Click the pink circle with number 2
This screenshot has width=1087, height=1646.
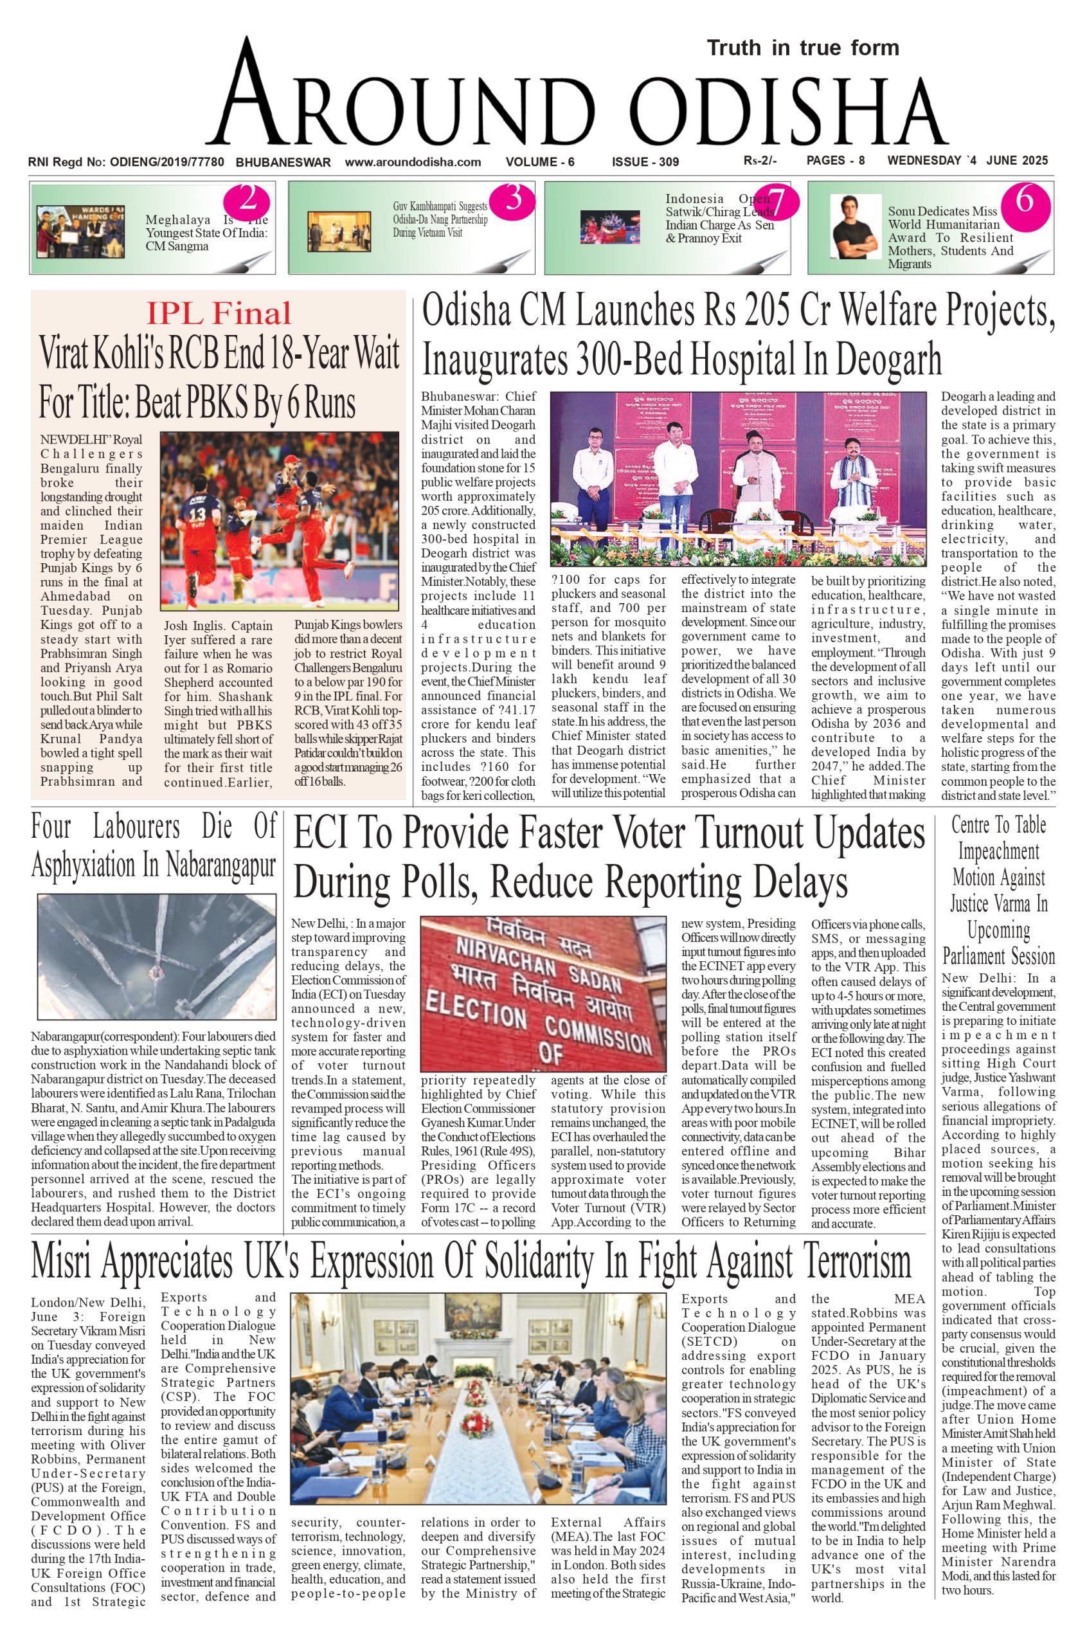click(x=246, y=201)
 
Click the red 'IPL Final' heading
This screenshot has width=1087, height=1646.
click(x=219, y=313)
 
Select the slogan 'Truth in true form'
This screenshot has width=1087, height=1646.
click(x=803, y=48)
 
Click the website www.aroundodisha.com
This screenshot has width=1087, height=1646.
click(x=413, y=162)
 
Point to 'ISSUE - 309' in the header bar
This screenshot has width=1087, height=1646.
click(x=645, y=162)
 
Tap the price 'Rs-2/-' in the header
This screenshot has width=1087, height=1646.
click(x=760, y=161)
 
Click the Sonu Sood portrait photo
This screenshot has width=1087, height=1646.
click(x=856, y=228)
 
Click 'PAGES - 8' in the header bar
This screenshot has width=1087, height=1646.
click(x=836, y=161)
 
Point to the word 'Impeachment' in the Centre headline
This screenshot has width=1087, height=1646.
click(x=998, y=851)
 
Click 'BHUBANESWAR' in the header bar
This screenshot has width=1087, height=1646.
click(x=283, y=162)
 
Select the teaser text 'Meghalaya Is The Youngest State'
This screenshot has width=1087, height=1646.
click(x=204, y=233)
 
